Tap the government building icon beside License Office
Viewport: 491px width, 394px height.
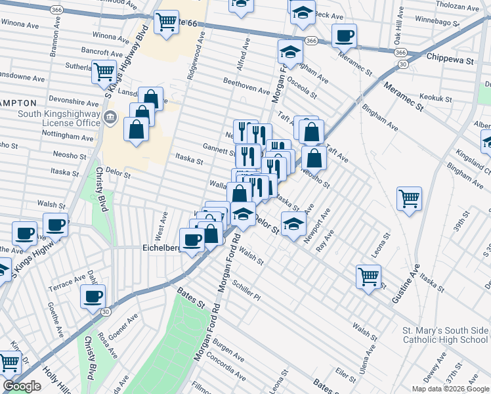pyautogui.click(x=110, y=118)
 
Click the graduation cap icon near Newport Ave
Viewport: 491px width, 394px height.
pyautogui.click(x=293, y=224)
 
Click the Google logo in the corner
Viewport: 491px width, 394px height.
pyautogui.click(x=22, y=386)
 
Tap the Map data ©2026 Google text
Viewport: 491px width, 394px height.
pyautogui.click(x=449, y=389)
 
